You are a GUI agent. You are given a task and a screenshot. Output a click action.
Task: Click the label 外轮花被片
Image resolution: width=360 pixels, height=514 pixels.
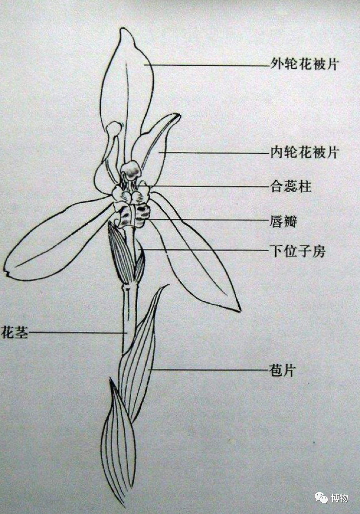(x=304, y=64)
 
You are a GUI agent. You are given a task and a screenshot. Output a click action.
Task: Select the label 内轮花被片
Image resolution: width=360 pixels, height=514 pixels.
(x=304, y=152)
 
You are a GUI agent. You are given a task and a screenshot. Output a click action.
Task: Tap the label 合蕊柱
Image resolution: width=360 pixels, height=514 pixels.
(x=291, y=186)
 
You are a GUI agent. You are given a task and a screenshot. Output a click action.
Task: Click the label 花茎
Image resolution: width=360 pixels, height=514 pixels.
(x=14, y=333)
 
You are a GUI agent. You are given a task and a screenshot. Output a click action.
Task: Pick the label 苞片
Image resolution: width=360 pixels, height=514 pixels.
(x=283, y=370)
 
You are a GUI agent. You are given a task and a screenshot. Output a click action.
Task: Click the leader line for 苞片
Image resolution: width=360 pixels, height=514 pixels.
(x=209, y=370)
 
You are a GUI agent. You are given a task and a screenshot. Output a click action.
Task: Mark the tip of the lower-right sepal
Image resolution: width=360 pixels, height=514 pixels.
(x=239, y=310)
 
